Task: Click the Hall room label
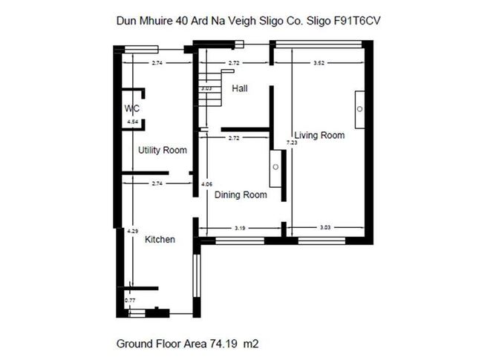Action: click(239, 88)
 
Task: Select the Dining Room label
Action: click(240, 195)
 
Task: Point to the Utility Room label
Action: click(162, 150)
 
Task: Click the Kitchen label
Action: click(160, 239)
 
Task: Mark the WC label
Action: click(132, 108)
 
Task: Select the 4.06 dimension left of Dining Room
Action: click(207, 183)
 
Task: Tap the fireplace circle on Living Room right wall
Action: click(359, 109)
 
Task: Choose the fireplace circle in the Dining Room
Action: click(275, 167)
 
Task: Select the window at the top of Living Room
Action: click(319, 46)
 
